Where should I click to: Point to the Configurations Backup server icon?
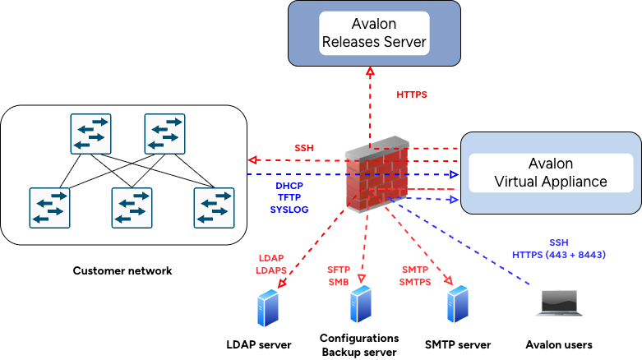click(x=359, y=303)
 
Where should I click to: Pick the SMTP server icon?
click(x=457, y=303)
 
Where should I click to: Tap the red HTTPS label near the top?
click(x=413, y=95)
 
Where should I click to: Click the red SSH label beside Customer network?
click(x=305, y=148)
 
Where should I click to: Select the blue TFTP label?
click(x=289, y=198)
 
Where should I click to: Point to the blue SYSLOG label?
click(x=289, y=210)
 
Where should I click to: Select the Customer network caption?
click(x=123, y=270)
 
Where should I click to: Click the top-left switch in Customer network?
click(x=90, y=134)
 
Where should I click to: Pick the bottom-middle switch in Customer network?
click(x=132, y=207)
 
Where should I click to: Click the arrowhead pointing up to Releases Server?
click(x=371, y=72)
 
